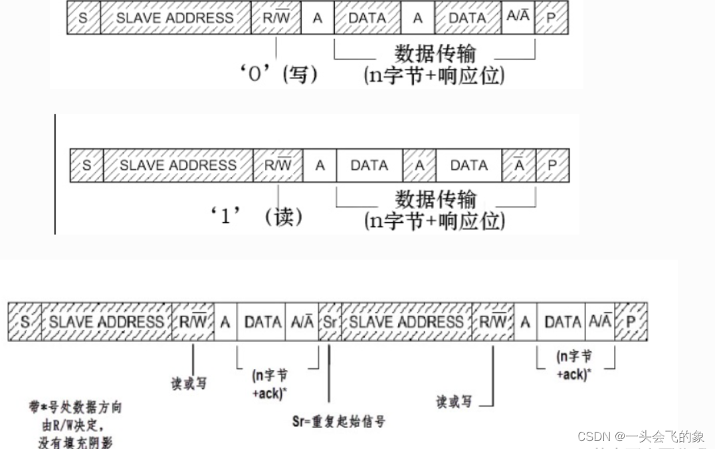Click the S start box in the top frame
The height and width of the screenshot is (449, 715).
(83, 18)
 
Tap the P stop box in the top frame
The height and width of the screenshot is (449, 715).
(551, 18)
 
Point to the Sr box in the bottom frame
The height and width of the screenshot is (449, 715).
(330, 322)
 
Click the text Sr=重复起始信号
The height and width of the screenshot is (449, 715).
(339, 420)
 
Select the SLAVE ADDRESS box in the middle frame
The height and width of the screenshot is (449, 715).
(178, 164)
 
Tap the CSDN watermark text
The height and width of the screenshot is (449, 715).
(641, 436)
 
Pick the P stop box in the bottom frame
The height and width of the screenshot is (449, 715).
(631, 322)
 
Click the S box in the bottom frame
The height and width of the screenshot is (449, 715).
(25, 322)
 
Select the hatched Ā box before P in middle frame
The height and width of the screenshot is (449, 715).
(519, 164)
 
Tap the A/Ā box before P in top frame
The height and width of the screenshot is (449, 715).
(518, 18)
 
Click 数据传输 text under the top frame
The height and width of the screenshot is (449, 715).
(435, 54)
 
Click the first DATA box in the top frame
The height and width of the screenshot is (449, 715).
(367, 18)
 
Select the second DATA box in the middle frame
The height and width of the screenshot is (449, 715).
(469, 164)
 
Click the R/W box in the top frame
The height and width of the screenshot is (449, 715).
(276, 18)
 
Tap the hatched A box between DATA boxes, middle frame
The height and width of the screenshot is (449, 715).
(419, 164)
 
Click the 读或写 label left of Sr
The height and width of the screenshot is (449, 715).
(189, 384)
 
